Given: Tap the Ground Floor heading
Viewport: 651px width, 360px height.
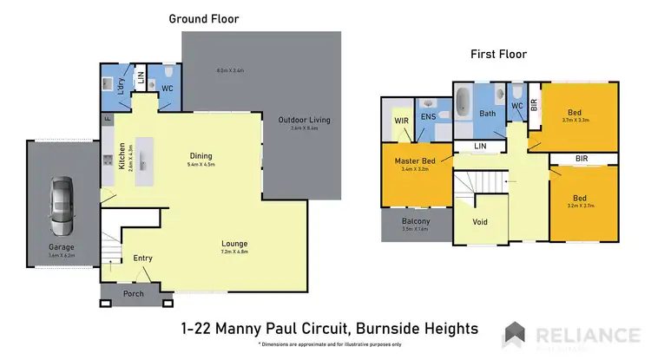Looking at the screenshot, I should click(x=203, y=18).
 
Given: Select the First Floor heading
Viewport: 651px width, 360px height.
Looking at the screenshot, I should click(x=498, y=54).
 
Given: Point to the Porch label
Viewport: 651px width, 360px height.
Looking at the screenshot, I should click(x=135, y=292).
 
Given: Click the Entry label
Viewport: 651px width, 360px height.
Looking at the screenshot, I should click(x=142, y=259).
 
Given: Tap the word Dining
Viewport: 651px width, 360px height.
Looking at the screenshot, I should click(x=201, y=156).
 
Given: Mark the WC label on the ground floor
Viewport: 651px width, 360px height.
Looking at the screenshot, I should click(x=168, y=88).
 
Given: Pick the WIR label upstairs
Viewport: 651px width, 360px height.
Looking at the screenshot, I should click(x=401, y=121).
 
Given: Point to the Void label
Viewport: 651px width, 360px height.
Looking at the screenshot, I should click(x=479, y=221).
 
